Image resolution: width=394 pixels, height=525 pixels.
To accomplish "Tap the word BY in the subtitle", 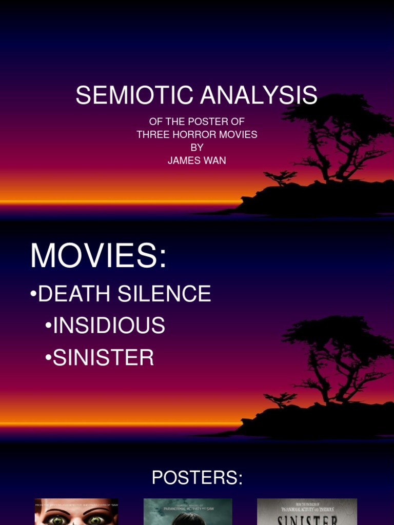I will [x=197, y=148].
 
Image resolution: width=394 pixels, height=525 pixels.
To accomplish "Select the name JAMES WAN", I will [x=197, y=160].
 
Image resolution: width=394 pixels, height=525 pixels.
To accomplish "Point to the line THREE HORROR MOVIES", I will [x=197, y=135].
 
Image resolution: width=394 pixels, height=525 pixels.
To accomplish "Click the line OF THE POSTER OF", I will [x=197, y=122].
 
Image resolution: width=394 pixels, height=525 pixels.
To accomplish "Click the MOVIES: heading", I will [x=98, y=255].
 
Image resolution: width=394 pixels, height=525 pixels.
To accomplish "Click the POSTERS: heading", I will [x=197, y=478].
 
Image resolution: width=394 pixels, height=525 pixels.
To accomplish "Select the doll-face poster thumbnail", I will [x=76, y=512].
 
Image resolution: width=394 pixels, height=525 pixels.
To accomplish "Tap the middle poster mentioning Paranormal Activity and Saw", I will [x=188, y=512].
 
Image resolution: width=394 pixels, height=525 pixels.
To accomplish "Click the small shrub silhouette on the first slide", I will [x=280, y=177].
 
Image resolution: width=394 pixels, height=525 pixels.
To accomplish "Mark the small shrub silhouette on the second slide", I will [x=280, y=398].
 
